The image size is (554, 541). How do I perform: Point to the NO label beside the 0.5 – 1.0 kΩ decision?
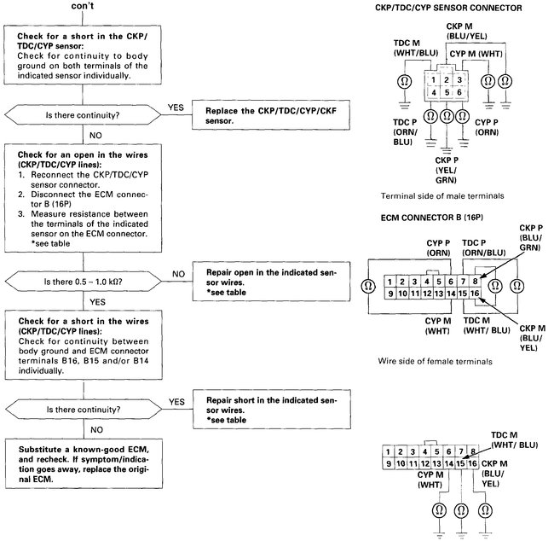pyautogui.click(x=177, y=274)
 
